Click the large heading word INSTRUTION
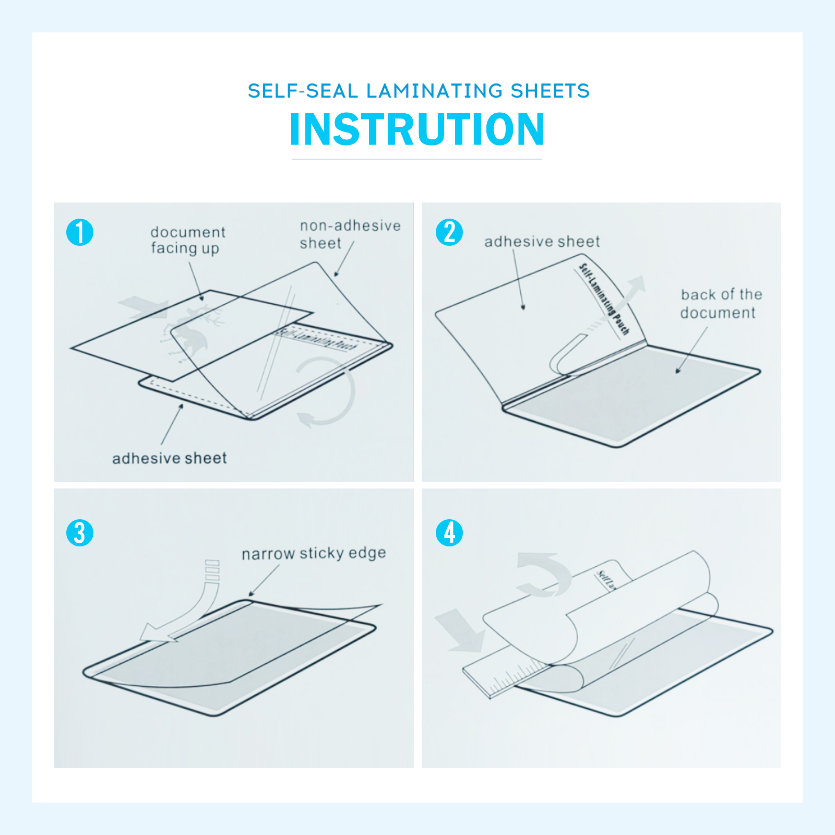click(x=417, y=129)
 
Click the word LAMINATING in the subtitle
click(x=434, y=91)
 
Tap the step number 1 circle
click(x=80, y=232)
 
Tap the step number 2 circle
click(x=449, y=232)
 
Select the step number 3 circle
click(x=80, y=533)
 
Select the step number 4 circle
click(x=449, y=533)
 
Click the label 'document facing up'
click(x=187, y=240)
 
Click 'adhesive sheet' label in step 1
click(x=170, y=458)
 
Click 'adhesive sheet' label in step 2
click(x=542, y=242)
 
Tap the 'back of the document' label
click(x=720, y=304)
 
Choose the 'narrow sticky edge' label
click(x=314, y=553)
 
